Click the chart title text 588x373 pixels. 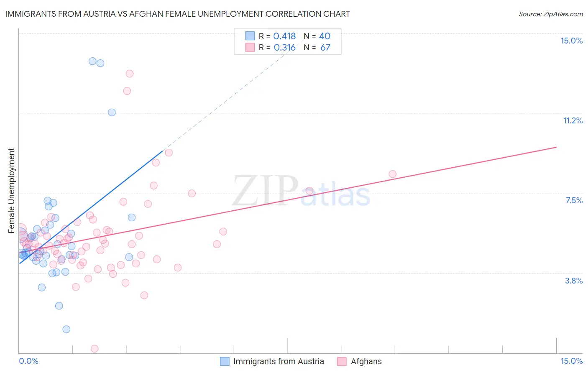[x=178, y=14]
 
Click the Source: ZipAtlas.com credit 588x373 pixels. [x=550, y=14]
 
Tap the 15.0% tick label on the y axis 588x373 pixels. [x=571, y=41]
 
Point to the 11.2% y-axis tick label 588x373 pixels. [x=573, y=120]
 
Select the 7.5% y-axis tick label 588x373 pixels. [x=574, y=200]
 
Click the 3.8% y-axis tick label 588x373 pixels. [x=574, y=281]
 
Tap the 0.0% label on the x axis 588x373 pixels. [x=28, y=361]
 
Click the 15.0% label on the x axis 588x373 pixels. [x=571, y=361]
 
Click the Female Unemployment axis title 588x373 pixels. [x=12, y=190]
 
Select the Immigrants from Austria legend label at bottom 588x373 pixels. [x=279, y=361]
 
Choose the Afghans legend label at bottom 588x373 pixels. [x=366, y=361]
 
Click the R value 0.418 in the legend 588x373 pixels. [x=284, y=36]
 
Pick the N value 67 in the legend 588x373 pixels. [x=325, y=48]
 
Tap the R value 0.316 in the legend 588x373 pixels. [x=284, y=48]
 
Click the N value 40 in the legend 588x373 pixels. [x=325, y=36]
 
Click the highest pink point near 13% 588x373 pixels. [x=130, y=74]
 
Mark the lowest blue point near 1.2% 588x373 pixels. [x=66, y=329]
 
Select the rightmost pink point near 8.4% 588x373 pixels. [x=392, y=174]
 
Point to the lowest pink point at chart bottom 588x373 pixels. [x=95, y=349]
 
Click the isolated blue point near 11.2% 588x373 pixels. [x=112, y=112]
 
